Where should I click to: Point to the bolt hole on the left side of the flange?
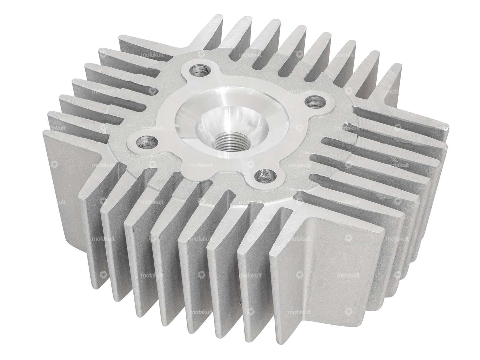click(148, 141)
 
